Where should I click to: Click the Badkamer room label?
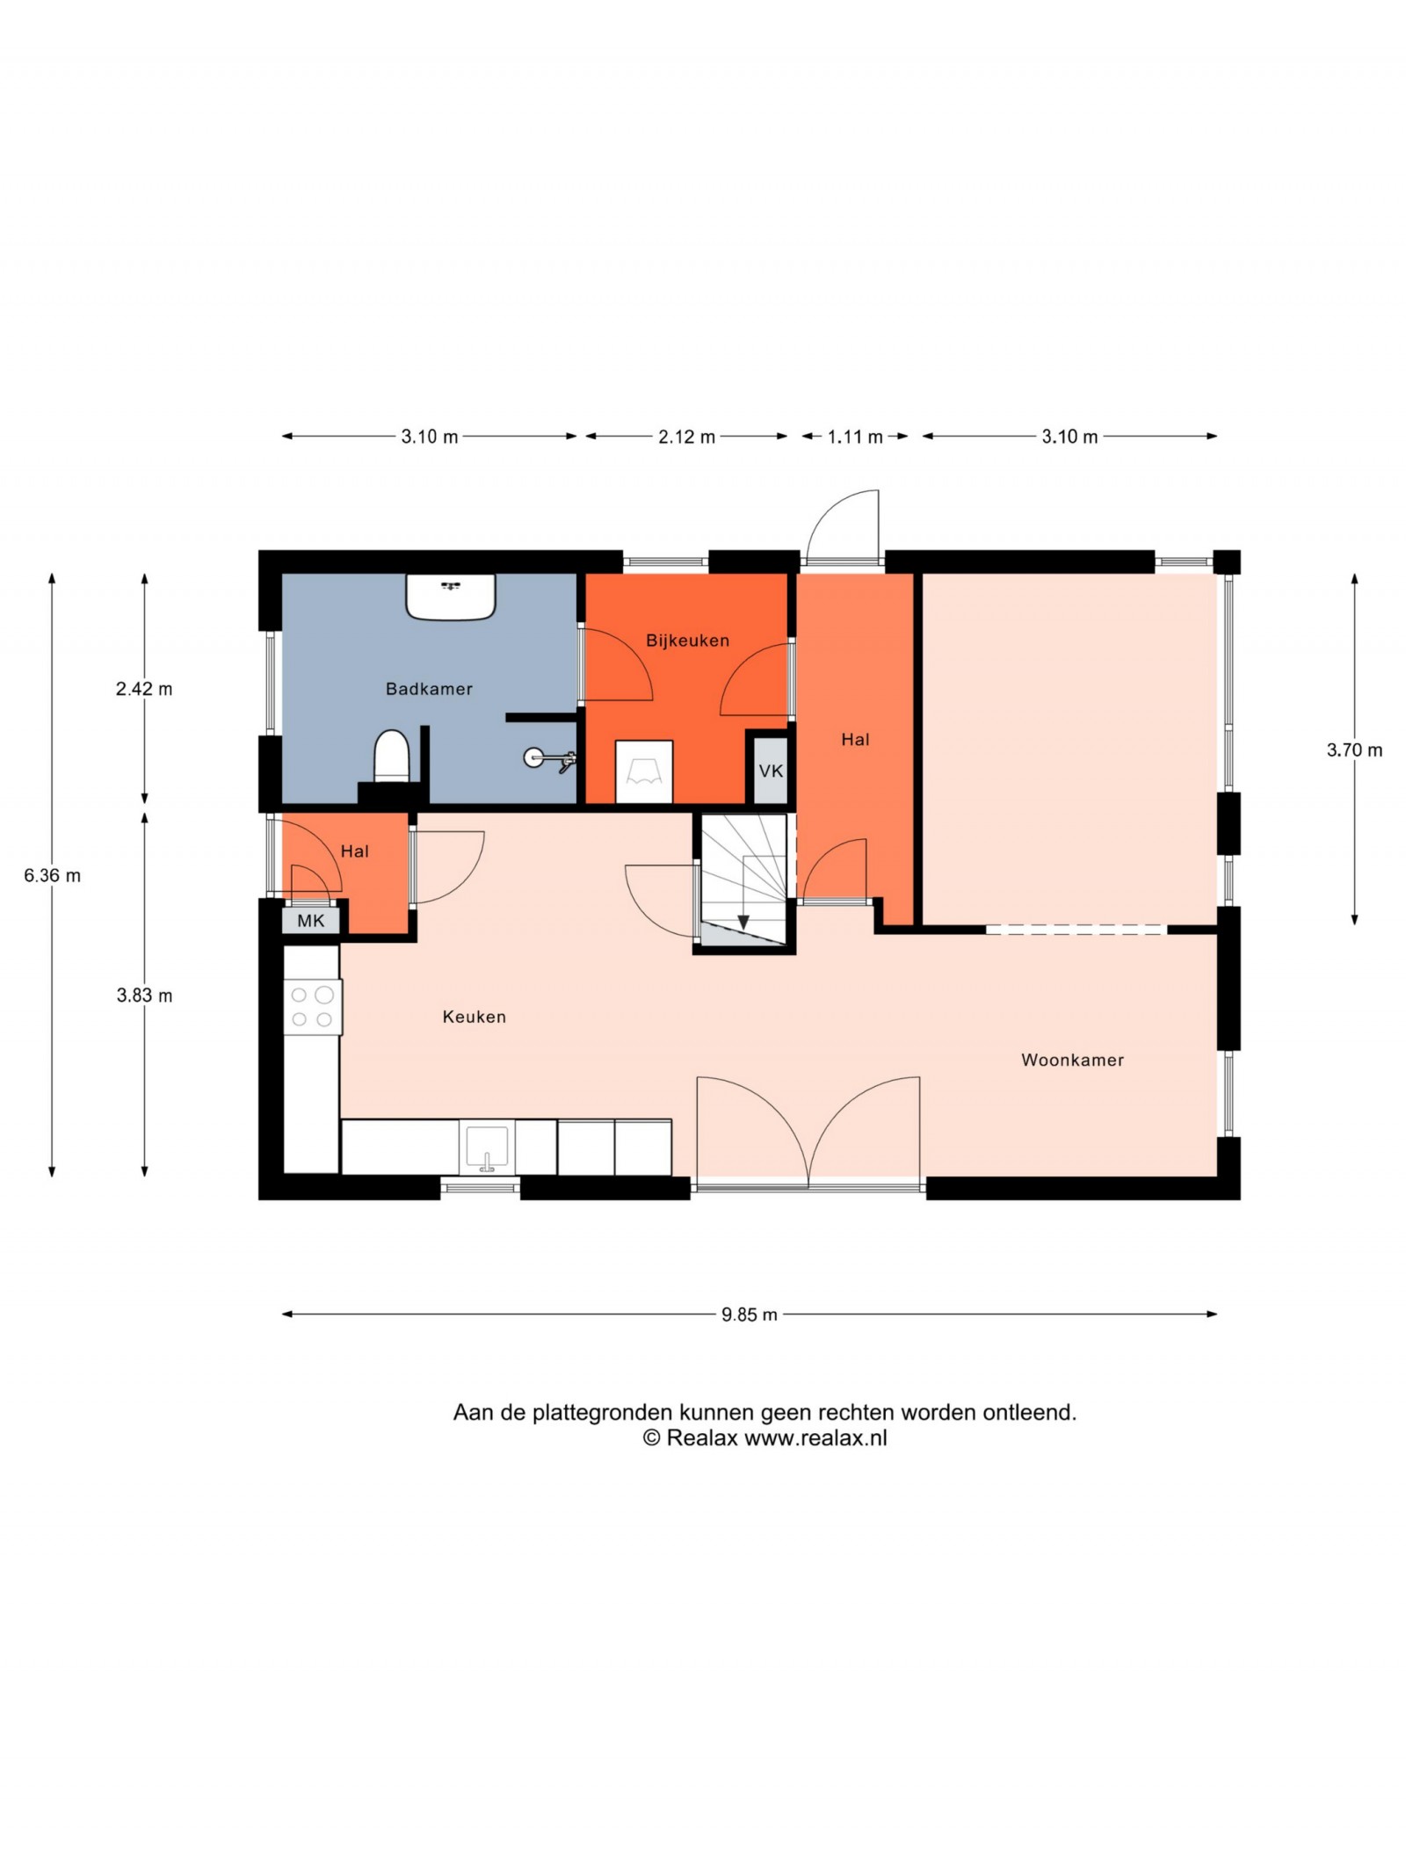click(x=429, y=690)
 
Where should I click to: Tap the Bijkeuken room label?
click(x=687, y=641)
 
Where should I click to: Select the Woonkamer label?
click(x=1072, y=1061)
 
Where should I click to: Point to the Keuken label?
click(x=474, y=1017)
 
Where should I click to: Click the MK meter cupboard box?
click(x=311, y=921)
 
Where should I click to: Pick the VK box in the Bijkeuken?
click(x=771, y=771)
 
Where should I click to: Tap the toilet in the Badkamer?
click(x=392, y=756)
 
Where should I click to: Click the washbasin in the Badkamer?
click(x=451, y=597)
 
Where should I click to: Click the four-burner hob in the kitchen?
click(x=312, y=1007)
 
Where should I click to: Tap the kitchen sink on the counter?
click(x=487, y=1148)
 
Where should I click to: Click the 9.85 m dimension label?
click(x=749, y=1315)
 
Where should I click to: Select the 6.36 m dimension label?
click(x=52, y=876)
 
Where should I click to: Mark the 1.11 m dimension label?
click(x=854, y=438)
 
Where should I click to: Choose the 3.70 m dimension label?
click(x=1354, y=750)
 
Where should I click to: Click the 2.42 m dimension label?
click(x=144, y=690)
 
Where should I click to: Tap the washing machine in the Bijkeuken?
click(x=644, y=772)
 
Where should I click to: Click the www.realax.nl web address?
click(x=815, y=1438)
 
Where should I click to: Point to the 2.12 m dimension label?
click(x=686, y=438)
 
